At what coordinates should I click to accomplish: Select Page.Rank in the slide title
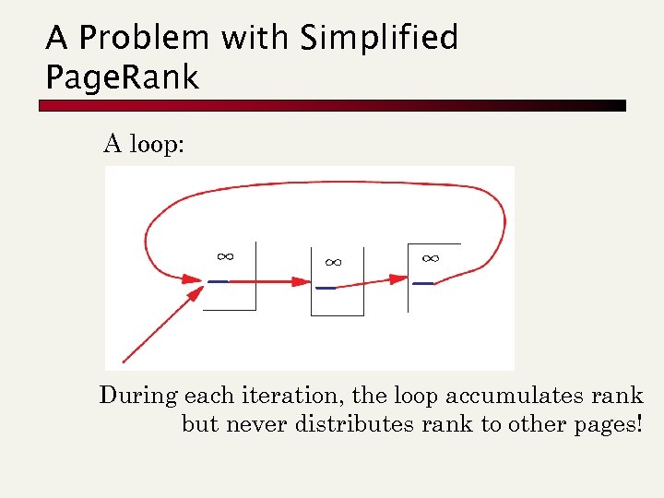click(123, 77)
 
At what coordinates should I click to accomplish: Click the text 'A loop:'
click(143, 144)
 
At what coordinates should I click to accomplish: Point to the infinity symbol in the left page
click(224, 255)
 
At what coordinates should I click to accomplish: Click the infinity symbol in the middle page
click(333, 262)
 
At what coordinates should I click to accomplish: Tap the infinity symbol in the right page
click(430, 256)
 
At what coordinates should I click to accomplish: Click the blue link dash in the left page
click(218, 281)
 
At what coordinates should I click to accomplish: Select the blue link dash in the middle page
click(326, 288)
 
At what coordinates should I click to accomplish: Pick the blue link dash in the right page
click(423, 283)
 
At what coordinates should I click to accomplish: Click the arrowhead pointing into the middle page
click(301, 281)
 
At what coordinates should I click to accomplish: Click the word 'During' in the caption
click(139, 397)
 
